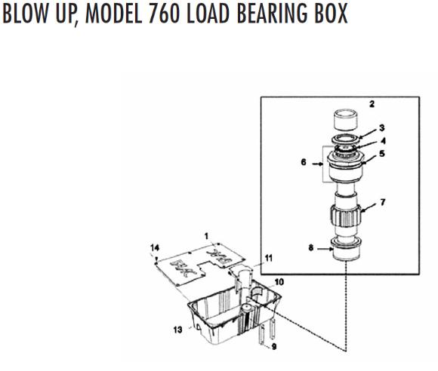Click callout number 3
click(383, 127)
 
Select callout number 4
click(383, 140)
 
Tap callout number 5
click(383, 154)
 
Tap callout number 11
click(269, 258)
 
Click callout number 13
click(178, 330)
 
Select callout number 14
click(155, 247)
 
